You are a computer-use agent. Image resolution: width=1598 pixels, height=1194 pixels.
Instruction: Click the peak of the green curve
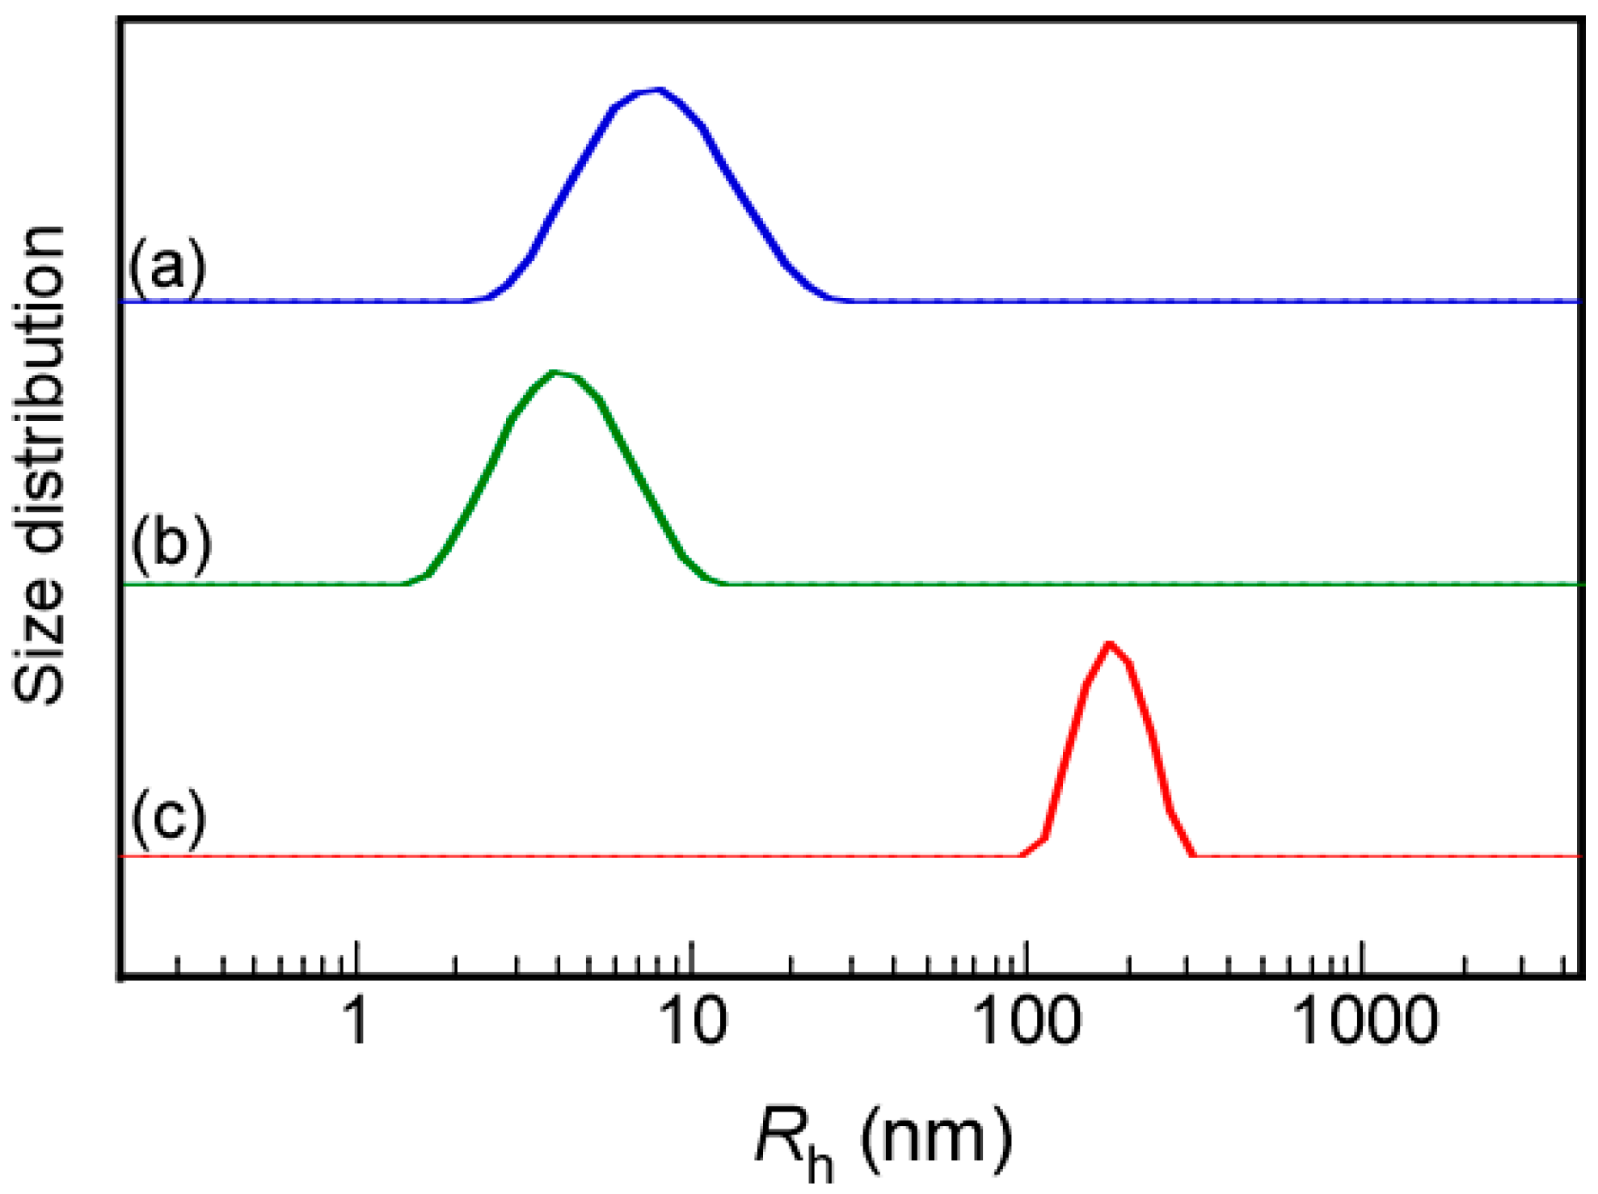(x=555, y=372)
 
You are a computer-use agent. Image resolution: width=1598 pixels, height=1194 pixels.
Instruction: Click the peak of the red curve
(x=1110, y=644)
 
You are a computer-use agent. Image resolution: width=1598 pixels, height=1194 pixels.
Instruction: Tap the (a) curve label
(x=167, y=266)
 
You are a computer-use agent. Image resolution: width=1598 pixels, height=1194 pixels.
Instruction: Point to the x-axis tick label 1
(x=356, y=1020)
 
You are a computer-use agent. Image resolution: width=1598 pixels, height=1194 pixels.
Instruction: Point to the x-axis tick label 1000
(x=1365, y=1020)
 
